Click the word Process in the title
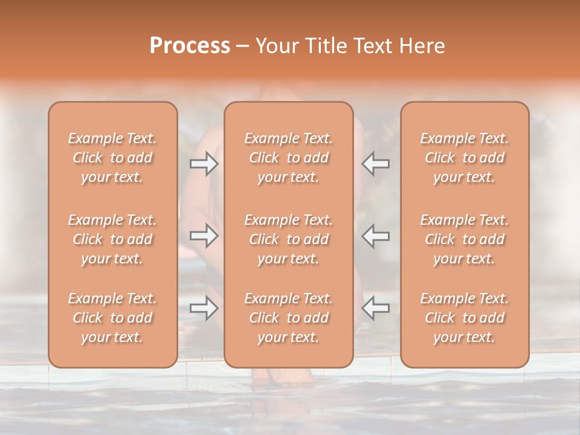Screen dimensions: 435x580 click(x=190, y=46)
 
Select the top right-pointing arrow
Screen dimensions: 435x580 click(x=204, y=164)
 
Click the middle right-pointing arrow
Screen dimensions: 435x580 click(x=204, y=236)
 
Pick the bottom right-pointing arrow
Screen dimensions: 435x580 click(x=204, y=308)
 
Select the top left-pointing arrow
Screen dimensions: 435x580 click(x=375, y=164)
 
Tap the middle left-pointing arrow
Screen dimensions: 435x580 click(x=375, y=236)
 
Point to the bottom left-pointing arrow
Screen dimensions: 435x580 click(x=375, y=308)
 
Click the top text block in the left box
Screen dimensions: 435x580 click(x=112, y=158)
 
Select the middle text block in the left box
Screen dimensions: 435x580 click(x=112, y=239)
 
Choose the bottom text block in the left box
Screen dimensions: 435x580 click(x=112, y=318)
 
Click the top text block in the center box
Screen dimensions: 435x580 click(x=289, y=158)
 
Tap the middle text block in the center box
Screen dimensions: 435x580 click(x=289, y=239)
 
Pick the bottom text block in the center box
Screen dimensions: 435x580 click(x=289, y=318)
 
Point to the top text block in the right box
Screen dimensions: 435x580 click(x=465, y=158)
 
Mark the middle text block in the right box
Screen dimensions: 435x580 click(x=465, y=239)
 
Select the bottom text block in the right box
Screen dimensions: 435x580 click(x=465, y=318)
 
